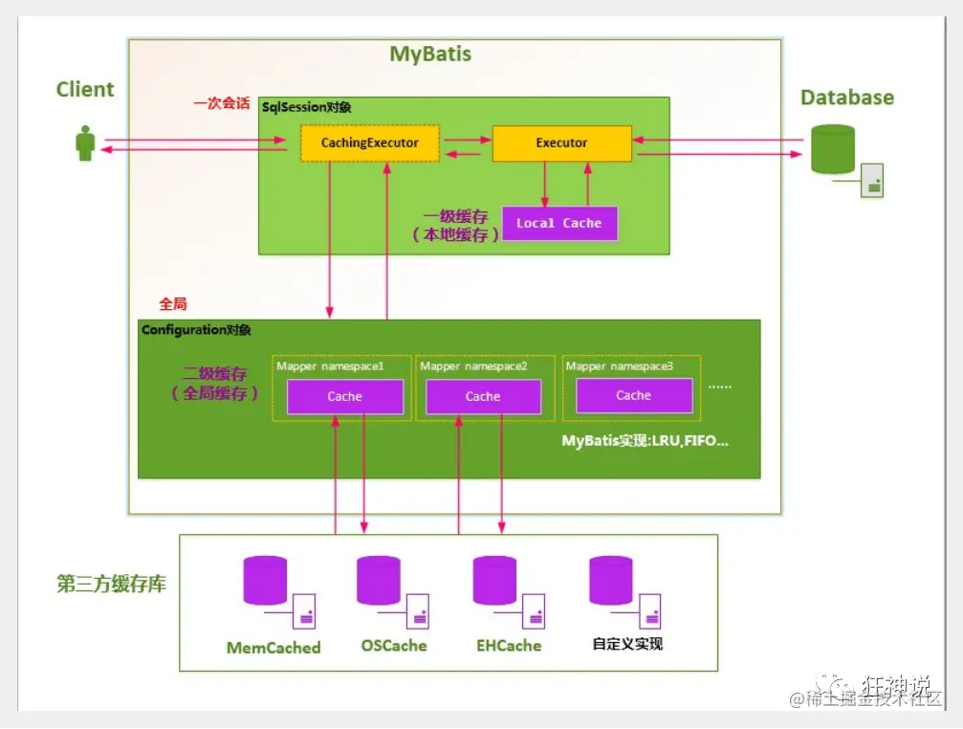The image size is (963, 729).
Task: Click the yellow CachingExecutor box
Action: [x=370, y=144]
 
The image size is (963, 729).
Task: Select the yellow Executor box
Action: [x=562, y=144]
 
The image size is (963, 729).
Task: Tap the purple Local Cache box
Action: [x=559, y=223]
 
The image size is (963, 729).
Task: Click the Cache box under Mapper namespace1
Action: [x=345, y=396]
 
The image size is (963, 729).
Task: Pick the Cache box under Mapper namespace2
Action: [x=483, y=396]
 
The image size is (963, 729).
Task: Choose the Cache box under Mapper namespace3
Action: [x=634, y=395]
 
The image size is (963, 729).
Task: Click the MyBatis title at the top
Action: [x=430, y=54]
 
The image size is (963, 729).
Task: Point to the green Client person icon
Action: [x=85, y=144]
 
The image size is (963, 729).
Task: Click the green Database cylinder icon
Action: [x=833, y=149]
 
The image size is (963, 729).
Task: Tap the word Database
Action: [x=847, y=97]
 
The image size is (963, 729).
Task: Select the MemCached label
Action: [x=274, y=648]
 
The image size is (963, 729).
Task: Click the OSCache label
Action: [x=394, y=646]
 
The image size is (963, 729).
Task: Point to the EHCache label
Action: [x=509, y=646]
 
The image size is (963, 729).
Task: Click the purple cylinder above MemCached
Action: [x=265, y=581]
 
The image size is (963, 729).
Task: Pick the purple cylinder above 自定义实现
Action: [x=611, y=581]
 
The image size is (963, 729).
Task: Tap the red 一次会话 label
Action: [x=222, y=102]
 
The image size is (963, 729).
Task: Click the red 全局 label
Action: [x=172, y=303]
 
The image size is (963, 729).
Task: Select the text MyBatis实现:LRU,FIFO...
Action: [x=645, y=441]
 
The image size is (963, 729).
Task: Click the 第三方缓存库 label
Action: [x=111, y=584]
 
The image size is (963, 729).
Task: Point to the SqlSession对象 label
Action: [x=306, y=107]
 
